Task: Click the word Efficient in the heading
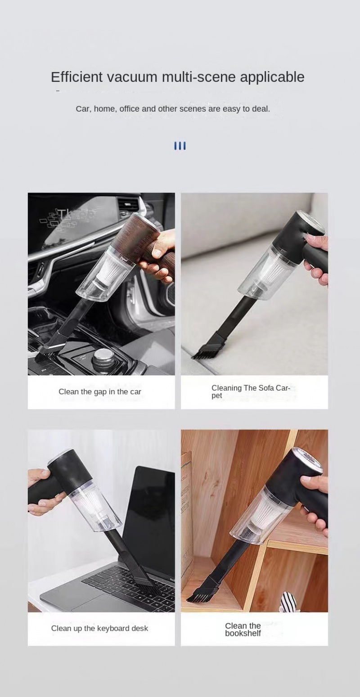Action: pyautogui.click(x=76, y=77)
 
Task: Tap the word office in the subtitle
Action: pyautogui.click(x=129, y=109)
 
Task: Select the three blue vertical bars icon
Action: pyautogui.click(x=180, y=146)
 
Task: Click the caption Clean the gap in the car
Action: pyautogui.click(x=100, y=392)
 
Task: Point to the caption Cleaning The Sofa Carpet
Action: pyautogui.click(x=251, y=392)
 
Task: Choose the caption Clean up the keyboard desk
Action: pyautogui.click(x=99, y=628)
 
